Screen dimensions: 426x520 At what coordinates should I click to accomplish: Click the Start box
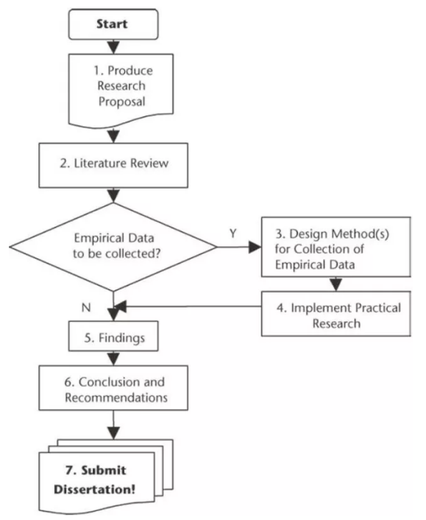click(x=113, y=24)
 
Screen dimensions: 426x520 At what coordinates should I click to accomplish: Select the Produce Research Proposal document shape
click(x=121, y=90)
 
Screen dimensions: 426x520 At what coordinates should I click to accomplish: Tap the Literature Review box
click(x=113, y=165)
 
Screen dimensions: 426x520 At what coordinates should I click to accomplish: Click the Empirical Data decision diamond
click(x=113, y=247)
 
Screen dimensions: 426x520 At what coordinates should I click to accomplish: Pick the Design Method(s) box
click(x=336, y=247)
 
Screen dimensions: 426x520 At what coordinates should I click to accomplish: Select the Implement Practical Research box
click(x=336, y=314)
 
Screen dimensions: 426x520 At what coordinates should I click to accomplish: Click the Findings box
click(x=113, y=336)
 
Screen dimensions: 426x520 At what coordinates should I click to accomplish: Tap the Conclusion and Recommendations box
click(x=113, y=388)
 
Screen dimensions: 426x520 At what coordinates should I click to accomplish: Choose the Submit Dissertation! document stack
click(x=106, y=476)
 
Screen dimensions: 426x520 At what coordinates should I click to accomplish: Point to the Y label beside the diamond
click(x=233, y=233)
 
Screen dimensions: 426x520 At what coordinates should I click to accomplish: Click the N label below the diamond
click(x=86, y=307)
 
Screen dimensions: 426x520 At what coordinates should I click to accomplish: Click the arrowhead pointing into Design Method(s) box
click(x=255, y=247)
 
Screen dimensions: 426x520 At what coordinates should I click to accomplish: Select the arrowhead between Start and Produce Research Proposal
click(x=113, y=47)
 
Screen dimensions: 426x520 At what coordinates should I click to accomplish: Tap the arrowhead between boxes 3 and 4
click(x=336, y=284)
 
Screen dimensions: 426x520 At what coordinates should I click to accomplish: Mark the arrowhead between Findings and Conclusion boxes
click(x=113, y=359)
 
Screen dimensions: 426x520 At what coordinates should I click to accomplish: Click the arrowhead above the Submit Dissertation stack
click(x=113, y=433)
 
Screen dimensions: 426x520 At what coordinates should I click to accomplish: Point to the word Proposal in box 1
click(x=122, y=102)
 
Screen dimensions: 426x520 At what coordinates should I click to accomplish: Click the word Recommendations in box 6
click(x=116, y=397)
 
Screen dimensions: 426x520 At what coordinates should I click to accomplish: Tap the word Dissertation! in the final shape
click(x=94, y=489)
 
